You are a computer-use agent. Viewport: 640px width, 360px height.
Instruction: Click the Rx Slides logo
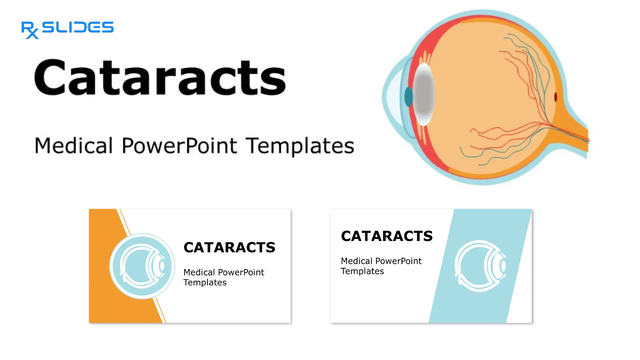tap(67, 29)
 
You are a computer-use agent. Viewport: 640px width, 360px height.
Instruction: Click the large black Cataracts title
tap(160, 78)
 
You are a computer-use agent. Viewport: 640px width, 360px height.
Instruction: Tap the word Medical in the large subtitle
tap(74, 146)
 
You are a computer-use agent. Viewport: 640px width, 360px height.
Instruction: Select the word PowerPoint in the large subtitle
tap(179, 146)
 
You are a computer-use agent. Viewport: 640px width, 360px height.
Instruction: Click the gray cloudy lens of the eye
tap(424, 94)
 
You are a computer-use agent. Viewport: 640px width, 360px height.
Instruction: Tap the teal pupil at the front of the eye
tap(408, 97)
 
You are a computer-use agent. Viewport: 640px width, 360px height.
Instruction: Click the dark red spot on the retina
tap(556, 97)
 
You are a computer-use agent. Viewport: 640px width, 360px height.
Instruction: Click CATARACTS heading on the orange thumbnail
tap(229, 247)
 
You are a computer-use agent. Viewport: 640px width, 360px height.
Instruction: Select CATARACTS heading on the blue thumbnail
tap(387, 236)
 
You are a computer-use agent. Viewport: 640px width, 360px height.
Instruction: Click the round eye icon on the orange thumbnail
tap(142, 266)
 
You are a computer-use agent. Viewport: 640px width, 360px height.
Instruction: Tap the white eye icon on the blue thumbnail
tap(480, 266)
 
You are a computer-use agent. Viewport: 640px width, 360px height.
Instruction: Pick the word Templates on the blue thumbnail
tap(362, 271)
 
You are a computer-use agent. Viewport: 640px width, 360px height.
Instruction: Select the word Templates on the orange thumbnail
tap(205, 283)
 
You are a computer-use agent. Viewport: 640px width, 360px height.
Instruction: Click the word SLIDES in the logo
tap(78, 27)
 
